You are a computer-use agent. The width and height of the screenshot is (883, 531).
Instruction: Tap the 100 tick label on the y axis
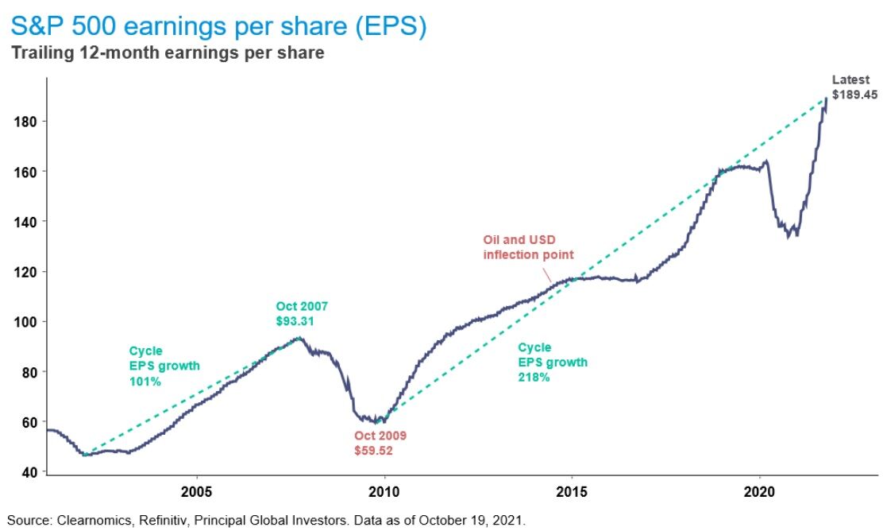28,322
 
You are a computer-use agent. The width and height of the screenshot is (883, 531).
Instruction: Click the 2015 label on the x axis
572,490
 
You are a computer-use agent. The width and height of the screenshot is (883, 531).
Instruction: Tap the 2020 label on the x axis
759,490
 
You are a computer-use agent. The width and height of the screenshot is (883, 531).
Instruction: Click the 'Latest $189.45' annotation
854,87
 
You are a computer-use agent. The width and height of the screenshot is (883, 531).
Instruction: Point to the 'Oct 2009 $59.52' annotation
380,444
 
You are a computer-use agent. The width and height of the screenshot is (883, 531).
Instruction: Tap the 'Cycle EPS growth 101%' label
164,366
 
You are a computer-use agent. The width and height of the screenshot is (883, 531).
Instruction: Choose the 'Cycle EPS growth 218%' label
553,362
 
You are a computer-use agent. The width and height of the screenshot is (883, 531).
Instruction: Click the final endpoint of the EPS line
827,98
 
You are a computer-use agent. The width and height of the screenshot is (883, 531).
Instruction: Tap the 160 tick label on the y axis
28,172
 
